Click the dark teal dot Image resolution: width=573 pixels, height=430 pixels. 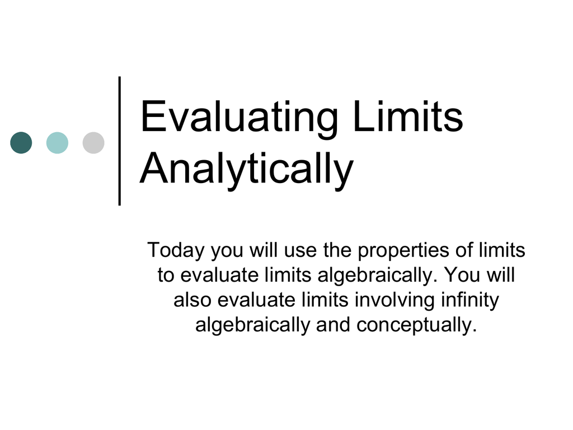click(21, 143)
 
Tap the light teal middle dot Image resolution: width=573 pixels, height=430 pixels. click(57, 143)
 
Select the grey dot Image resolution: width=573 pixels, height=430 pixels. click(93, 143)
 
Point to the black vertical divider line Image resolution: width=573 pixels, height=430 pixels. click(120, 141)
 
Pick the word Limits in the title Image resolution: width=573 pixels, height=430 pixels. click(408, 116)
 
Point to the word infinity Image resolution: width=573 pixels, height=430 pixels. click(469, 301)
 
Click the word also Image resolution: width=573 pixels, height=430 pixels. click(192, 300)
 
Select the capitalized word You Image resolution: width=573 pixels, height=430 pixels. click(462, 275)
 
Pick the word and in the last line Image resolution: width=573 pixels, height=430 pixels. click(334, 325)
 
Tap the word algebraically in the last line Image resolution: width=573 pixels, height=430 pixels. click(253, 325)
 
